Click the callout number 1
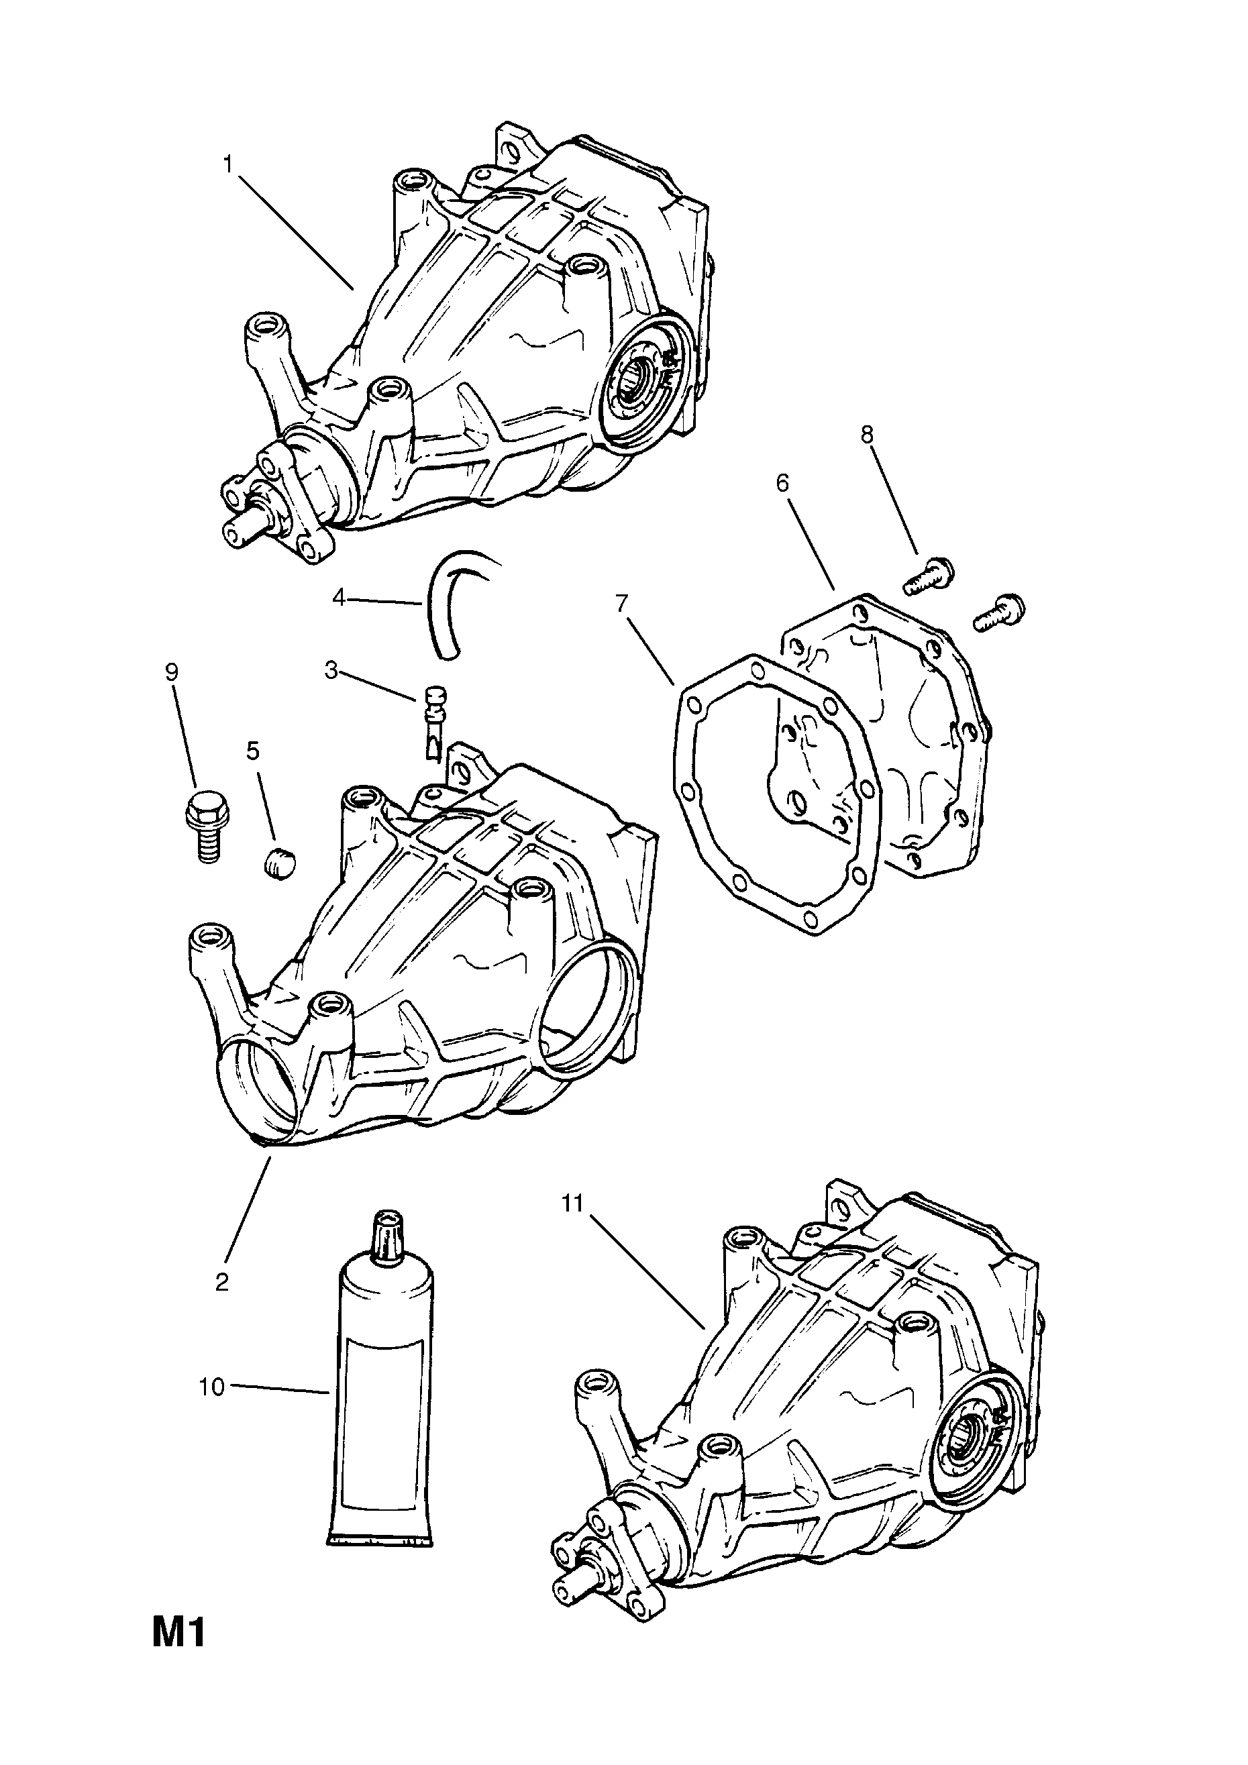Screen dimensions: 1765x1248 (228, 164)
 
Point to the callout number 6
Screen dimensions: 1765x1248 (783, 484)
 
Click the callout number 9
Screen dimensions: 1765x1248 (172, 672)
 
